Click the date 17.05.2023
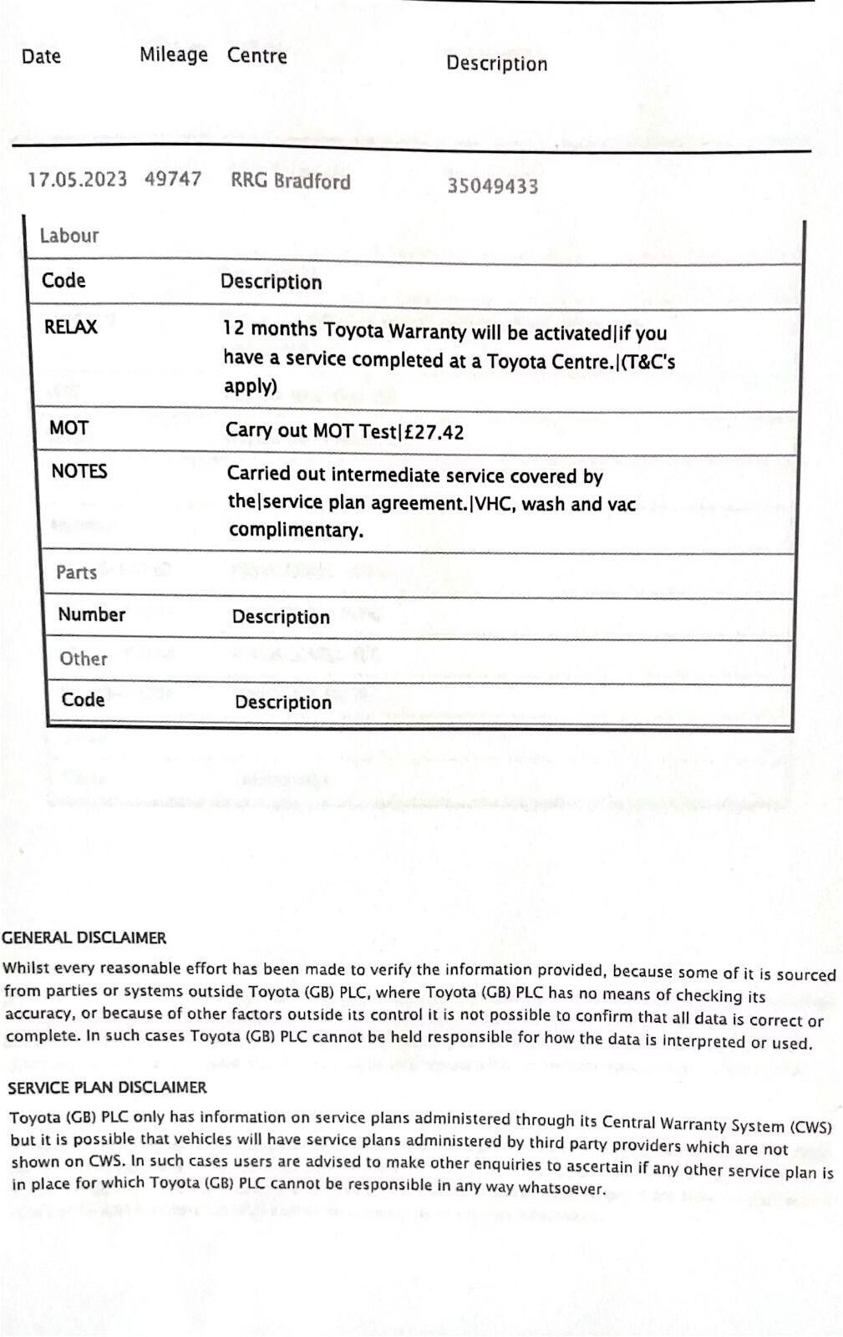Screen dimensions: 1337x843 (77, 180)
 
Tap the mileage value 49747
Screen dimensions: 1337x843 (173, 180)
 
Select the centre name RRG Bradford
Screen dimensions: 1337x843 (291, 181)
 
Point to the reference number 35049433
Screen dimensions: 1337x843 (492, 186)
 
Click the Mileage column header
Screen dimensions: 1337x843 (174, 55)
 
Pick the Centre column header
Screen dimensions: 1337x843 (257, 56)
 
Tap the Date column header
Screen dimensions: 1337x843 (41, 56)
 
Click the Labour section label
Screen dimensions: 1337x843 (69, 236)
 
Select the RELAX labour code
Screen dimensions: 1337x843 (71, 327)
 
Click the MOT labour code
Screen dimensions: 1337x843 (69, 428)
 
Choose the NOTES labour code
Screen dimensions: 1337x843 (79, 471)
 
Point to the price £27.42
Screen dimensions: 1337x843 (434, 432)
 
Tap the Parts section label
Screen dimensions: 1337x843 (77, 572)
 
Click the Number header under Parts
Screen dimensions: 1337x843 (92, 614)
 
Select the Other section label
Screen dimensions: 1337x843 (84, 658)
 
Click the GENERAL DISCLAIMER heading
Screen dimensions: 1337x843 (84, 938)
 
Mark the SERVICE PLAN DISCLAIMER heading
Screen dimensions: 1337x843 (107, 1087)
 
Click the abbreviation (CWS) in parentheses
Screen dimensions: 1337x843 (811, 1126)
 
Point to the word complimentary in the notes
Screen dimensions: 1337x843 (296, 530)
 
